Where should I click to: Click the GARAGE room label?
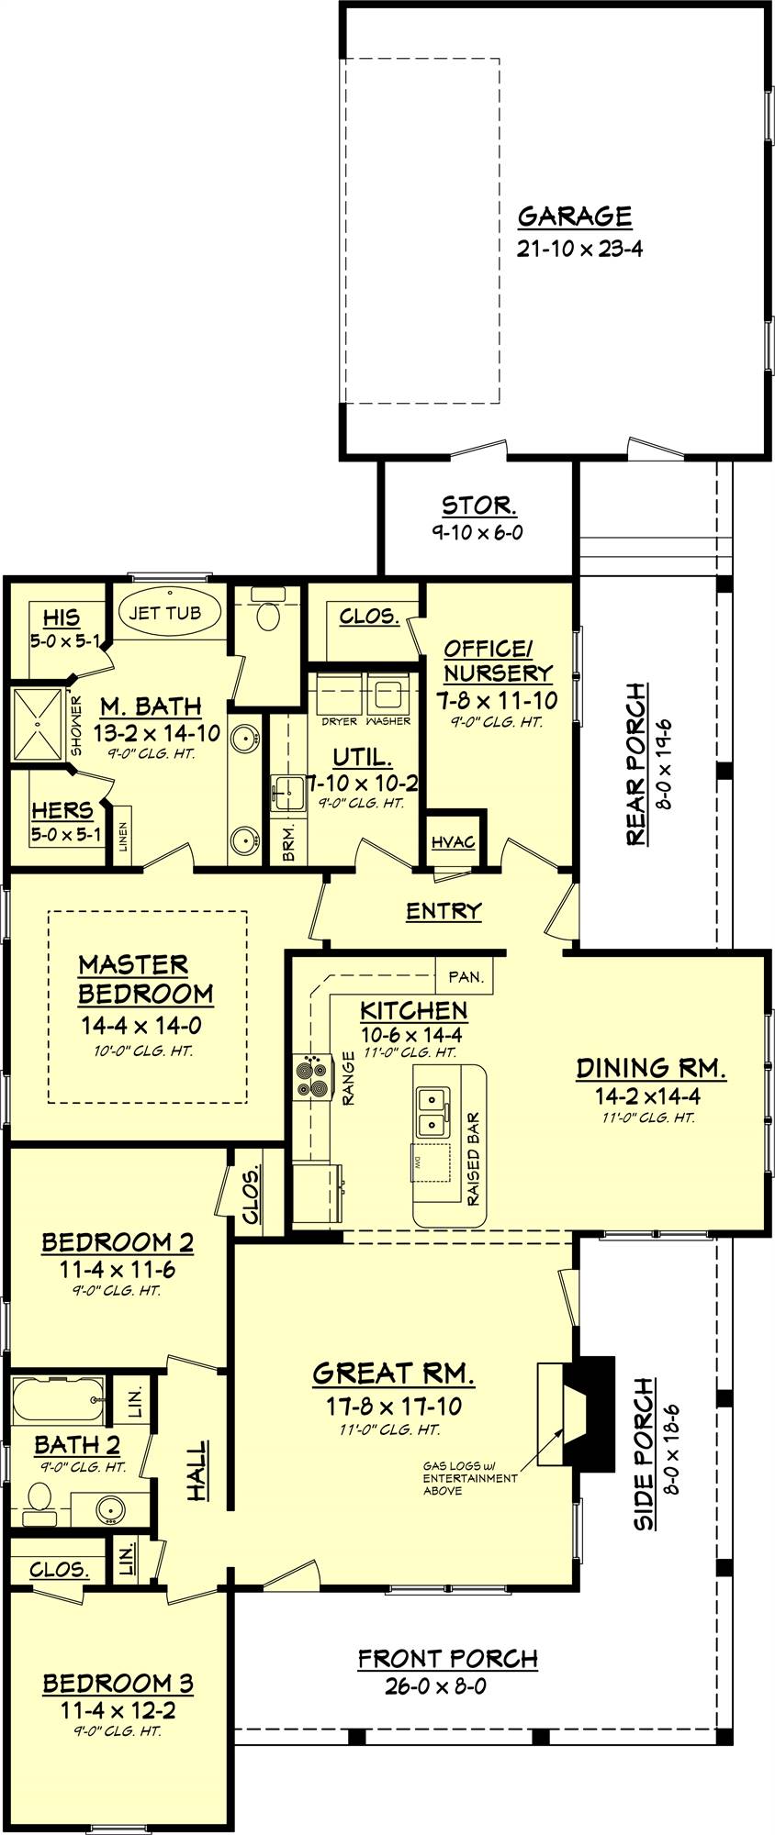click(575, 217)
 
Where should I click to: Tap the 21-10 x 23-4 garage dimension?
click(578, 248)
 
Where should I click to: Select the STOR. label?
click(478, 505)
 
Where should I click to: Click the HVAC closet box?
click(453, 841)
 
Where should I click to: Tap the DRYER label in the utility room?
click(339, 721)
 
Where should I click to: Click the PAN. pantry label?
click(466, 977)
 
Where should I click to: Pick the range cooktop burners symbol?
click(311, 1077)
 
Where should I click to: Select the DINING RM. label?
click(651, 1068)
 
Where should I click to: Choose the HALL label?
click(197, 1472)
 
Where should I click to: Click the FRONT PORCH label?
click(448, 1659)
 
